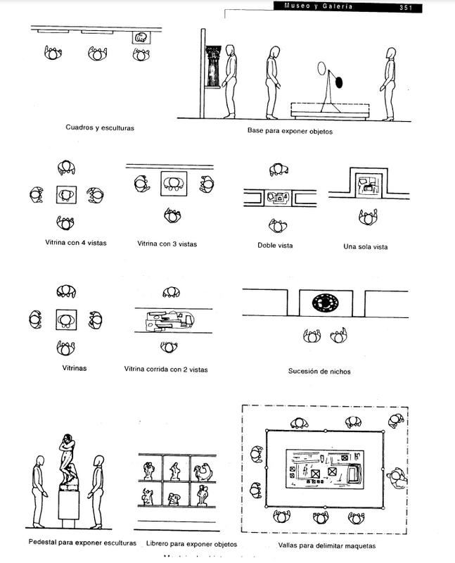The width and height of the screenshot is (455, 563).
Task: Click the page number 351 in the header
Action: click(406, 7)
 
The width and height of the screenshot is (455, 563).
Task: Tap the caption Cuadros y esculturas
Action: click(100, 128)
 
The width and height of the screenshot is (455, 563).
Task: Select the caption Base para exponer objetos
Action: click(289, 131)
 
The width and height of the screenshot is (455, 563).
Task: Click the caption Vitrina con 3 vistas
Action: click(167, 243)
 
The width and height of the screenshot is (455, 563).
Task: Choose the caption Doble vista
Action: click(276, 245)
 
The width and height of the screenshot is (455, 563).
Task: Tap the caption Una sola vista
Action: click(365, 246)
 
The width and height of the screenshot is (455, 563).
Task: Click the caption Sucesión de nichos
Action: click(319, 371)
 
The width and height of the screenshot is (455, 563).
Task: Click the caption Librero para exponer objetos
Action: click(192, 544)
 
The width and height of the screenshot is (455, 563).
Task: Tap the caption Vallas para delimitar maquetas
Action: click(317, 545)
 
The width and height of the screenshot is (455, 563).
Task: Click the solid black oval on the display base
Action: click(340, 82)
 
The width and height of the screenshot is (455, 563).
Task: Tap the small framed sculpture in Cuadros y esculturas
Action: click(141, 37)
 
